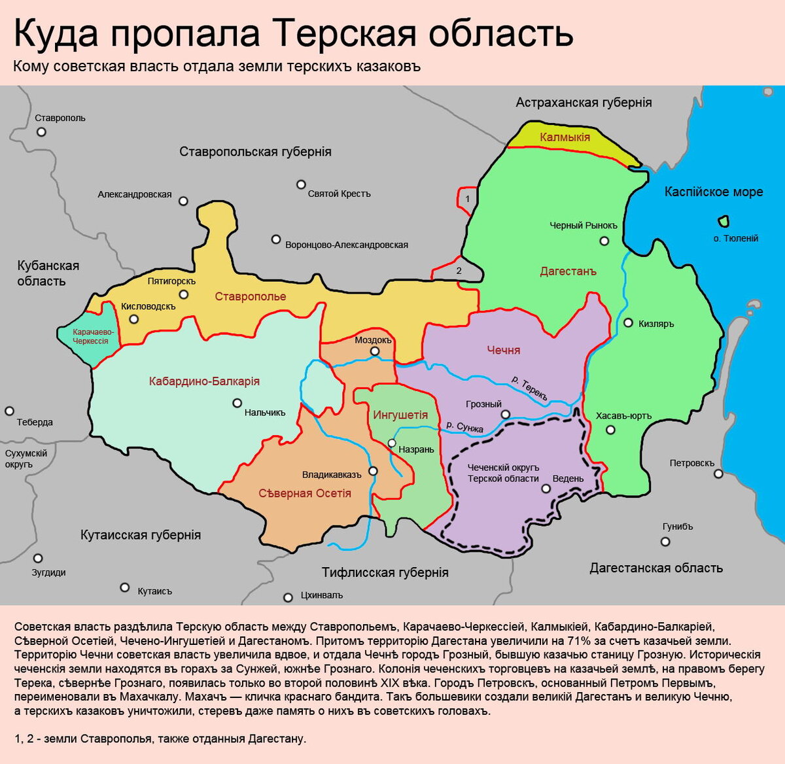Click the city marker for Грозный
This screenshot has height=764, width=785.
tap(505, 415)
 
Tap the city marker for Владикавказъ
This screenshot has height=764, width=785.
tap(373, 471)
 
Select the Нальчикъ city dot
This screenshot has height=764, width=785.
tap(237, 404)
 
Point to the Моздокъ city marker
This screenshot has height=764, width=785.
tap(375, 351)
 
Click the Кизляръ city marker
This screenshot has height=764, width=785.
tap(628, 322)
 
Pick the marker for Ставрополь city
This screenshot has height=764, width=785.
tap(42, 131)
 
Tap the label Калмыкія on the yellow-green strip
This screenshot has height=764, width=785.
tap(565, 137)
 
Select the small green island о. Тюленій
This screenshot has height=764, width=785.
tap(724, 221)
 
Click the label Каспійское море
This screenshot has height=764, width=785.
tap(713, 192)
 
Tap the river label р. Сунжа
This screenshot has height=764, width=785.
tap(464, 426)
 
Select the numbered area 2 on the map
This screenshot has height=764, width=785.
tap(459, 271)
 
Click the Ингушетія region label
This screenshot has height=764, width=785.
tap(400, 415)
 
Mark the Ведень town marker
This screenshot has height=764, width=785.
tap(546, 488)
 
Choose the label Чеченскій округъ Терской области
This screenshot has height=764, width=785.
tap(503, 473)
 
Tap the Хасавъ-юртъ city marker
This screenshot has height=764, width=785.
tap(610, 430)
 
